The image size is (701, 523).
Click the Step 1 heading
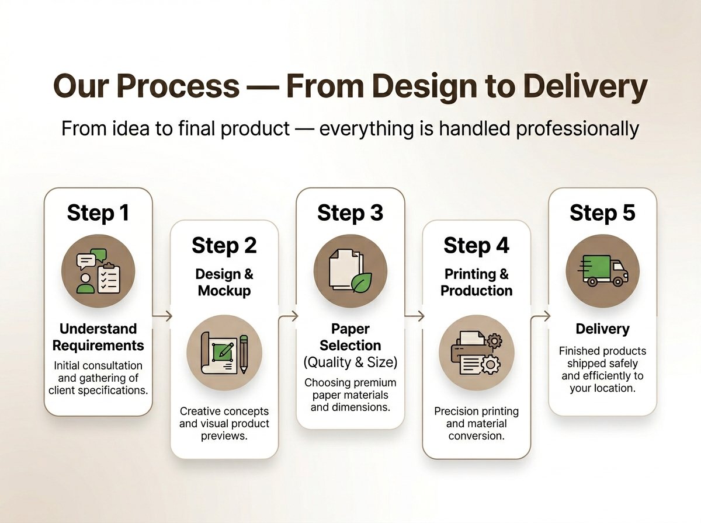(x=98, y=213)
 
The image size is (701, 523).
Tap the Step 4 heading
(x=476, y=246)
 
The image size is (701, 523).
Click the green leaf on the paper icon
(x=361, y=283)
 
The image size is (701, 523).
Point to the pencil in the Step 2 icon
(x=244, y=354)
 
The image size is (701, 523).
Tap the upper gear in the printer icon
(x=494, y=341)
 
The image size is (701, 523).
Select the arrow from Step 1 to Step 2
(x=162, y=316)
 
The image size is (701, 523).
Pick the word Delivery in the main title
(x=585, y=86)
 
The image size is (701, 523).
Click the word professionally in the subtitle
(x=577, y=129)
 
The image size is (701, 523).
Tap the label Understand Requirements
(x=98, y=337)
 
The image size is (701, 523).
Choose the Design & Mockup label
(x=224, y=283)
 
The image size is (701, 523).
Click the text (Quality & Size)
(x=350, y=362)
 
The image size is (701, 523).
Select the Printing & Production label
(x=476, y=283)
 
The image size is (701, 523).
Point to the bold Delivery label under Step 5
(x=602, y=329)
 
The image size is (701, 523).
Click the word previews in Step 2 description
(x=224, y=436)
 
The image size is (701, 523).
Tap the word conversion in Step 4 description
(x=476, y=436)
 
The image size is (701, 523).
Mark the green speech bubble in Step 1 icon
(x=99, y=255)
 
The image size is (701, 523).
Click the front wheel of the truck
(x=617, y=281)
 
